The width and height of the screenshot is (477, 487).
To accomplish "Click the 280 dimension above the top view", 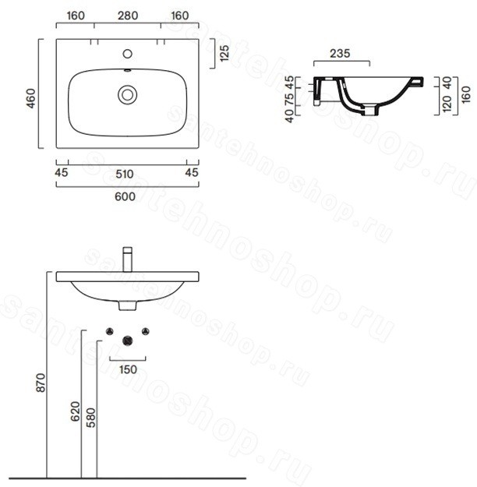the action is [128, 16].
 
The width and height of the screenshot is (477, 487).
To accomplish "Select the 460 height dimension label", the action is [31, 98].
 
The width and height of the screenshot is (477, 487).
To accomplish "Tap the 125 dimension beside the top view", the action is [224, 53].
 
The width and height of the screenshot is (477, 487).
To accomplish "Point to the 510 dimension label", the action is [125, 174].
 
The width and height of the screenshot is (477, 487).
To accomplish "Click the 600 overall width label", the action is [125, 196].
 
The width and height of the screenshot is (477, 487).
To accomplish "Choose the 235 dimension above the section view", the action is [340, 54].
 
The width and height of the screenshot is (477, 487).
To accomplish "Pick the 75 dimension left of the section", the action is [289, 98].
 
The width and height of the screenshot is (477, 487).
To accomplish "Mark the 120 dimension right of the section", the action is [447, 104].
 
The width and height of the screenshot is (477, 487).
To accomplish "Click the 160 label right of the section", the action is [466, 95].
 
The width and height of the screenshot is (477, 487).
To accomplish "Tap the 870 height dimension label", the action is [41, 383].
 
